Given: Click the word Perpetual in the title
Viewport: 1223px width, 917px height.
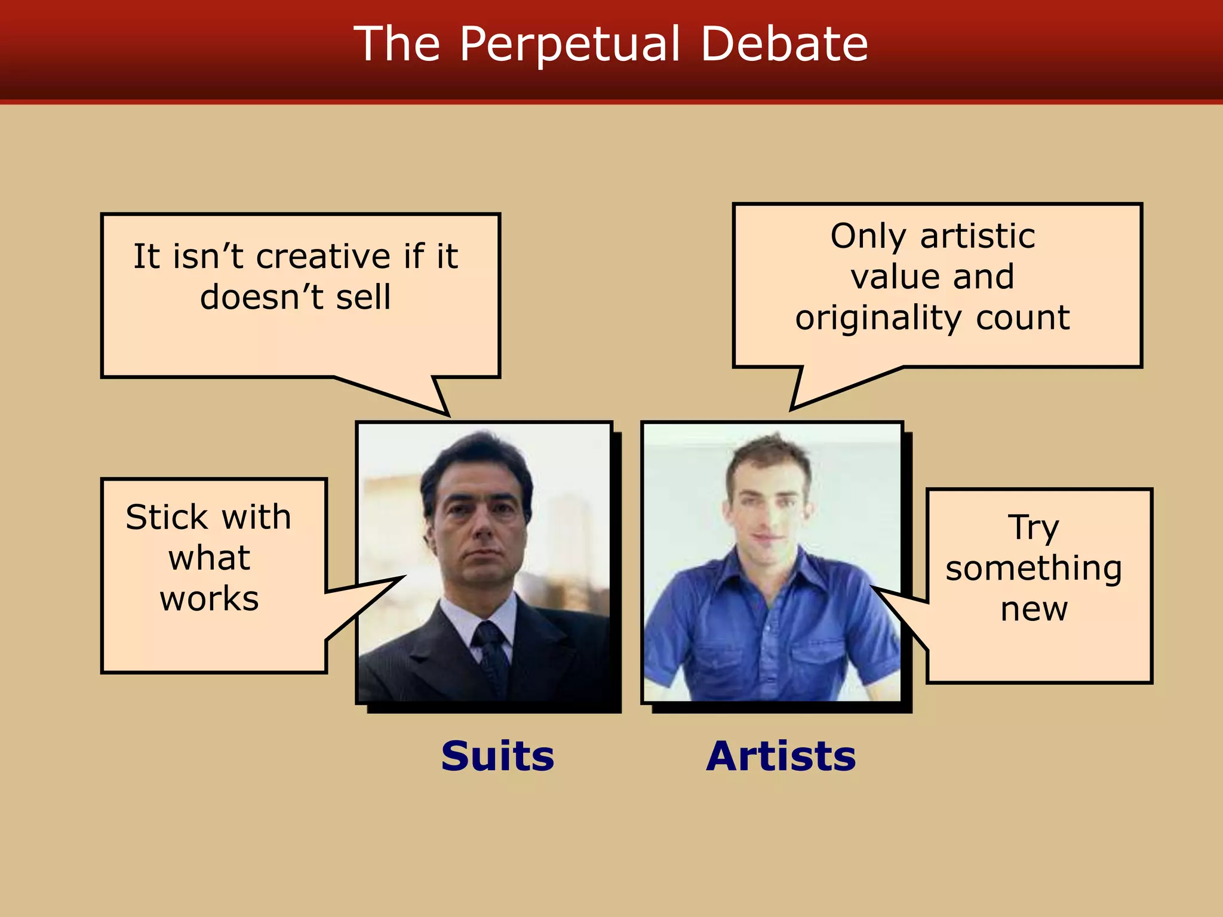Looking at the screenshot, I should pos(570,44).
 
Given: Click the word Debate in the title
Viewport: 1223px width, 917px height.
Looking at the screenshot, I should pos(784,44).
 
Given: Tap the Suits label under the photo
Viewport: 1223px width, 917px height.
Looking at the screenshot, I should pos(497,756).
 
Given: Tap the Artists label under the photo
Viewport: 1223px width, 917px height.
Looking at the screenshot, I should pos(781,756).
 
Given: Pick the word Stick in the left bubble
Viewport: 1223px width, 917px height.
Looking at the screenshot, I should pos(158,517).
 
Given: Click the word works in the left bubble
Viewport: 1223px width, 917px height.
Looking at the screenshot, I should pos(209,599).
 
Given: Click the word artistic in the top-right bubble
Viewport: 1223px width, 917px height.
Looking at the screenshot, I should pos(978,236).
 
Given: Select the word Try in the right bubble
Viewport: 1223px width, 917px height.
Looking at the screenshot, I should pos(1034,528).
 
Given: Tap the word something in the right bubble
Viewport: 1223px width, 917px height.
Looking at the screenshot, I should pos(1034,568).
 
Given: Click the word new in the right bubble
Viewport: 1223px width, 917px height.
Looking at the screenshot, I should pos(1034,609).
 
